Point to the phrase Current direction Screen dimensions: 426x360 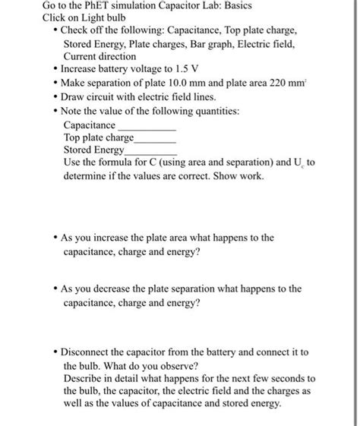coord(99,56)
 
